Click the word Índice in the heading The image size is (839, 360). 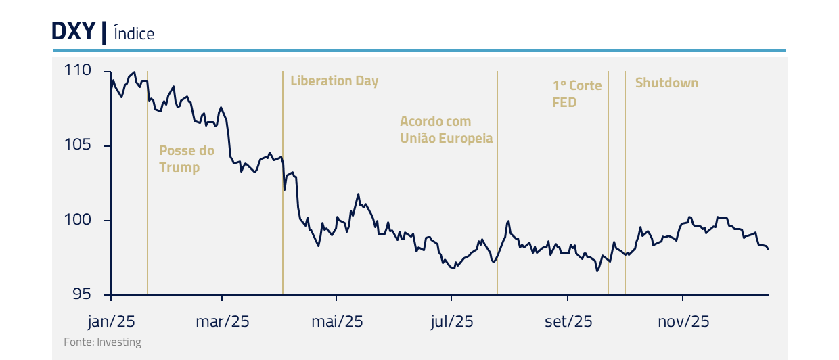coord(134,33)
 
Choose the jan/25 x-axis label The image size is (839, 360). coord(112,321)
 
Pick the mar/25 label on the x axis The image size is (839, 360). coord(223,321)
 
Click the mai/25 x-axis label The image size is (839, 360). coord(337,321)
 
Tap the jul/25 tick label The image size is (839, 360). coord(451,321)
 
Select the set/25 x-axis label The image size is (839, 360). coord(568,321)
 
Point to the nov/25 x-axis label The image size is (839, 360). coord(683,321)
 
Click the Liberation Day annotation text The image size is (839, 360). coord(334,81)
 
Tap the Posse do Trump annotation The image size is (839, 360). coord(186,159)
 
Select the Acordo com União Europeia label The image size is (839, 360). coord(446,130)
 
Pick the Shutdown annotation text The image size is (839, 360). coord(666,83)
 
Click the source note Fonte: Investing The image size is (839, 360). coord(102,342)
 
